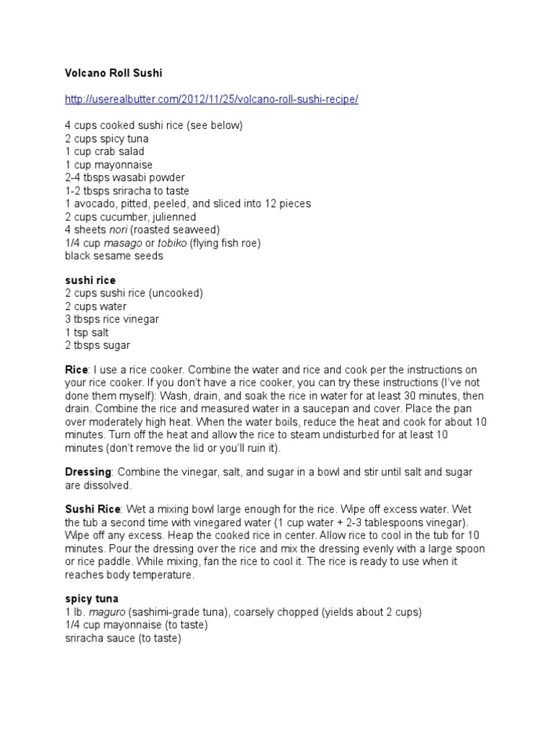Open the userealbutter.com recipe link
click(x=211, y=99)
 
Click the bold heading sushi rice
click(x=90, y=280)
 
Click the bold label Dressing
click(x=88, y=472)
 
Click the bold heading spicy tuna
click(x=91, y=599)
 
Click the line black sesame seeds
click(x=114, y=256)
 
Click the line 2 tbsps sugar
click(x=97, y=345)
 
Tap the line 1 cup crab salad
click(x=104, y=151)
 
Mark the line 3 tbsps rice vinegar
click(x=112, y=319)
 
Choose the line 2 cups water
click(x=95, y=306)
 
